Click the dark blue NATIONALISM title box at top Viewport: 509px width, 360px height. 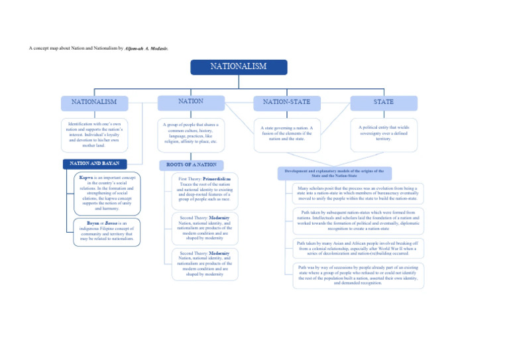(239, 67)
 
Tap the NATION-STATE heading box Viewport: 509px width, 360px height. (286, 102)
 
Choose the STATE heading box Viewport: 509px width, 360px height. (384, 102)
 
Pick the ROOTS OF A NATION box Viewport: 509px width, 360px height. (192, 164)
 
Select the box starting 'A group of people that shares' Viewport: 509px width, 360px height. (191, 133)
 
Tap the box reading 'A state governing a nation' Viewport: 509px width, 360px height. (286, 134)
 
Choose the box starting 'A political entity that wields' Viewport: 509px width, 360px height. (384, 133)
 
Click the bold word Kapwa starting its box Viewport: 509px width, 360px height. (85, 178)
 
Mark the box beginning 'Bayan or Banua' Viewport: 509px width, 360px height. (106, 231)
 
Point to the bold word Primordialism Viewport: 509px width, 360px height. (217, 178)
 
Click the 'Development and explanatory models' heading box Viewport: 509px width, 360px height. (335, 173)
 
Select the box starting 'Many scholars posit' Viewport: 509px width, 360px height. (358, 193)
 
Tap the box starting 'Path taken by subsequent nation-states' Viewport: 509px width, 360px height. (358, 220)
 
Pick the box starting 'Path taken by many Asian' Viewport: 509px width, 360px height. (358, 248)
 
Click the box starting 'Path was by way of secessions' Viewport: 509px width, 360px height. (358, 275)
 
